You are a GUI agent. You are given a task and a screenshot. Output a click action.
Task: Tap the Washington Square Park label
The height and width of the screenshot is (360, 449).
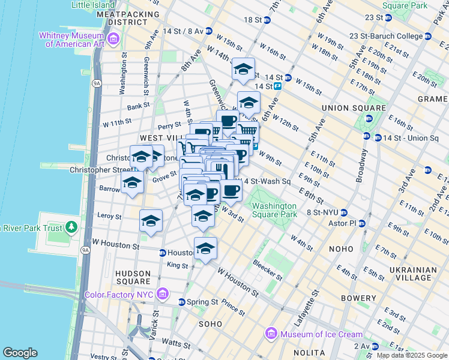pos(274,210)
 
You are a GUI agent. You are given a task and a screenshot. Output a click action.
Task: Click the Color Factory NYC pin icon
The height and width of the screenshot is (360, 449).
pos(162,294)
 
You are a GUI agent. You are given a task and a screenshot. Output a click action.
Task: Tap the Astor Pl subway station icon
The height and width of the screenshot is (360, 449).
pos(362,223)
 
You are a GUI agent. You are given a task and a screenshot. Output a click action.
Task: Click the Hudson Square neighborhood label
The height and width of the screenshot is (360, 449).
pos(133,277)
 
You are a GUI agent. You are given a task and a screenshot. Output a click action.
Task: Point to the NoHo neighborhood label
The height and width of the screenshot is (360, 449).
pos(344,247)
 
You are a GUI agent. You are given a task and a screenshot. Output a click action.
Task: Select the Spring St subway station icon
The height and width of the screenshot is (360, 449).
pos(181,302)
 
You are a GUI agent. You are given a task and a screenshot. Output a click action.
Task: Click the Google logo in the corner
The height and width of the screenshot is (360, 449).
pos(20,353)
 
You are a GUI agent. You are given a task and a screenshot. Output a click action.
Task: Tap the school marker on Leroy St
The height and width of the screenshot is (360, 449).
pos(151,221)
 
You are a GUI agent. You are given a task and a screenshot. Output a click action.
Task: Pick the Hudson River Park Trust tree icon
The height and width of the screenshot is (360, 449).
pos(71,227)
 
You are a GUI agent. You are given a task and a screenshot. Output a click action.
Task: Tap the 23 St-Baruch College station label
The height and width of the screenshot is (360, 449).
pos(390,36)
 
